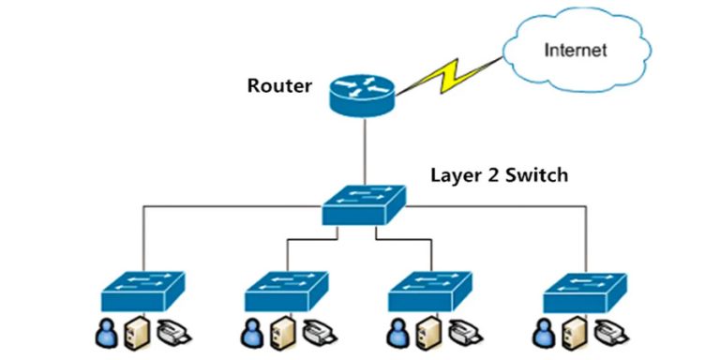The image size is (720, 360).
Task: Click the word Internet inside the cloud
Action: [577, 49]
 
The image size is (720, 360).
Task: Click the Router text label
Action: [279, 86]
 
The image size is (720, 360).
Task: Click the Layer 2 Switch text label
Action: [499, 174]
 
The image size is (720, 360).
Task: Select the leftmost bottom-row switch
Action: [142, 291]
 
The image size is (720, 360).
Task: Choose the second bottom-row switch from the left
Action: [286, 291]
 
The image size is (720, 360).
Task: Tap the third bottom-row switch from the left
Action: [429, 291]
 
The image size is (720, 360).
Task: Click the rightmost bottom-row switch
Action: [584, 291]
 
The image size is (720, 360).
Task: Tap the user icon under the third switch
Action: [397, 334]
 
